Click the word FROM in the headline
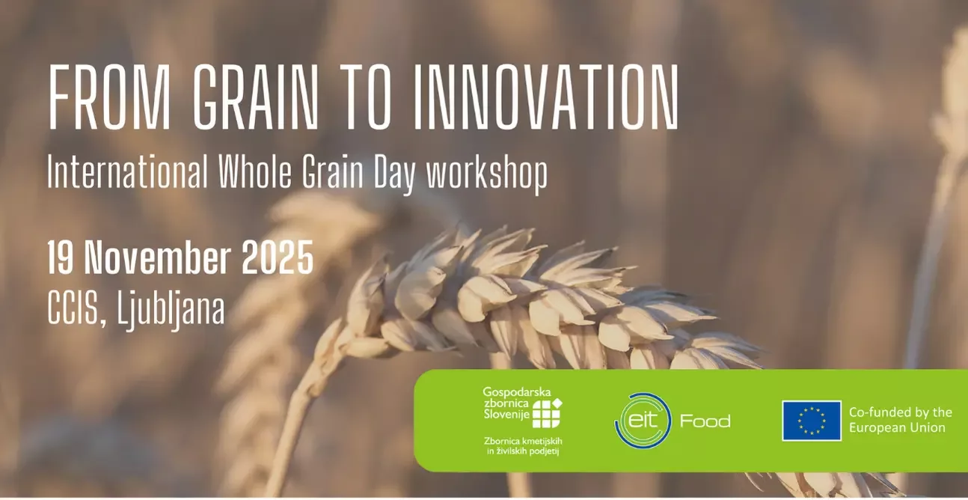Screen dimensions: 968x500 (x=110, y=97)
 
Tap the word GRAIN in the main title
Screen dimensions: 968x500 (x=255, y=97)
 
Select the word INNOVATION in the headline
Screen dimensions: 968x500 (x=546, y=97)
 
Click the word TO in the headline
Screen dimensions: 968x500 (x=366, y=97)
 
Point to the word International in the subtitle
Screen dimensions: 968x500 (x=127, y=171)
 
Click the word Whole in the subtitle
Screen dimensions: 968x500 (x=255, y=171)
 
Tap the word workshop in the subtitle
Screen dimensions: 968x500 (x=487, y=174)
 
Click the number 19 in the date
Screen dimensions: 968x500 (x=61, y=257)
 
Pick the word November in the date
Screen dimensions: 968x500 (x=158, y=257)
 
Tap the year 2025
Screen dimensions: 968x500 (x=278, y=257)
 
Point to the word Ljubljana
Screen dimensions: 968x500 (x=171, y=311)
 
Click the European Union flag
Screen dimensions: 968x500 (x=812, y=421)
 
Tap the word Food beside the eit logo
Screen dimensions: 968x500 (x=705, y=421)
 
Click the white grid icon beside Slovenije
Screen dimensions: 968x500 (x=547, y=413)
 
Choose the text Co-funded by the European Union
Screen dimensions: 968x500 (x=901, y=420)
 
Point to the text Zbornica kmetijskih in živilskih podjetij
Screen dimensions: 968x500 (x=523, y=446)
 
